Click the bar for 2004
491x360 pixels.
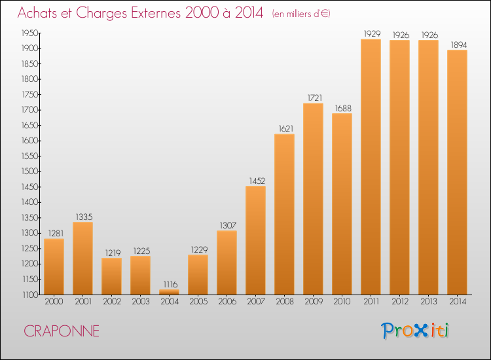(x=169, y=292)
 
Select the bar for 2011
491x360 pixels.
(x=371, y=167)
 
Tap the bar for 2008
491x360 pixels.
(x=284, y=214)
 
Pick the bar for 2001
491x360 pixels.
(x=82, y=258)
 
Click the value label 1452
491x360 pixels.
(x=255, y=181)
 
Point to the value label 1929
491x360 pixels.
(x=371, y=33)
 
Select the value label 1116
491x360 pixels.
(x=169, y=284)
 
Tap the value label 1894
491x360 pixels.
(x=457, y=45)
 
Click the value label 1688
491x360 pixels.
(x=342, y=108)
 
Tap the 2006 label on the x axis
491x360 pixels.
(x=227, y=302)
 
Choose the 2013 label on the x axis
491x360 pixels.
(x=428, y=302)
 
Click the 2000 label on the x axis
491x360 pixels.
(x=54, y=302)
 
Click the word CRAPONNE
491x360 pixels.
(x=62, y=331)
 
